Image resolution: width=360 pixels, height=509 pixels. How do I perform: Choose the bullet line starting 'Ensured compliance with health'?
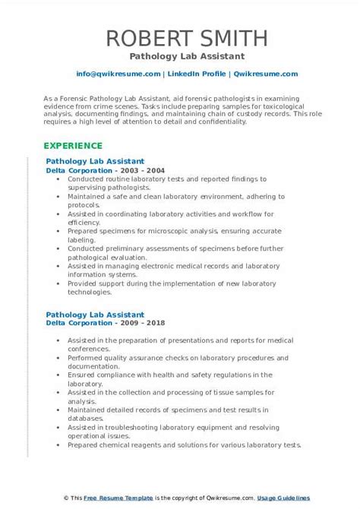point(166,375)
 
